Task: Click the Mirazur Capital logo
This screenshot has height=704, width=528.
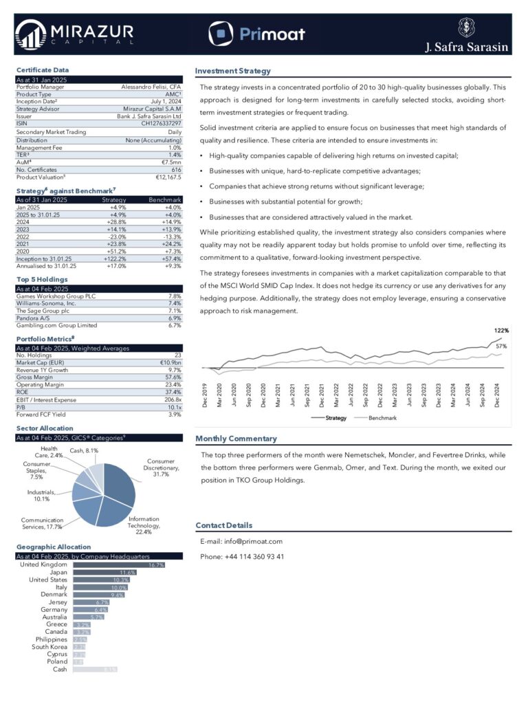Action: (x=71, y=34)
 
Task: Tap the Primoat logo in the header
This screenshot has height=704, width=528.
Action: (x=256, y=33)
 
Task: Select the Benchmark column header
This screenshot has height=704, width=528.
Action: (x=166, y=199)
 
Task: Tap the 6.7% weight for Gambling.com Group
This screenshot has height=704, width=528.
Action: (x=174, y=325)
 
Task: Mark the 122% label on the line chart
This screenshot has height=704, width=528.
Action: (x=502, y=331)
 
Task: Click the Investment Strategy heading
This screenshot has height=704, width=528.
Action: (x=233, y=71)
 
